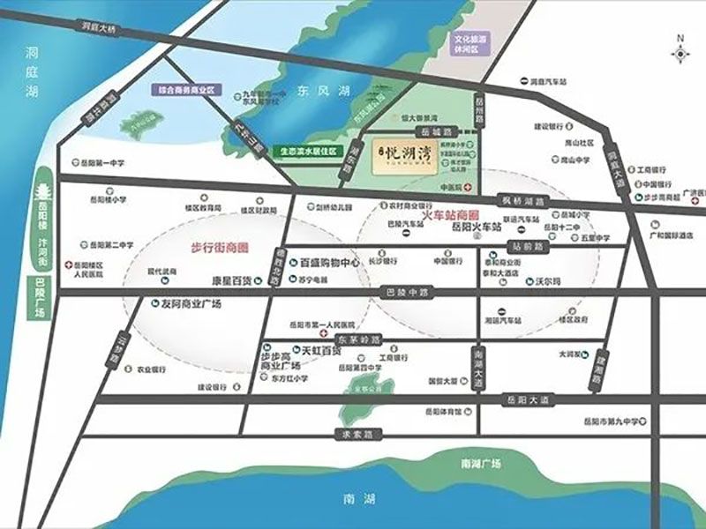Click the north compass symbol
(x=680, y=51)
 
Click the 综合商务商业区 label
(x=188, y=89)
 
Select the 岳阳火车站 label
(x=476, y=227)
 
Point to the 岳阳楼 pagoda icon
(x=44, y=196)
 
